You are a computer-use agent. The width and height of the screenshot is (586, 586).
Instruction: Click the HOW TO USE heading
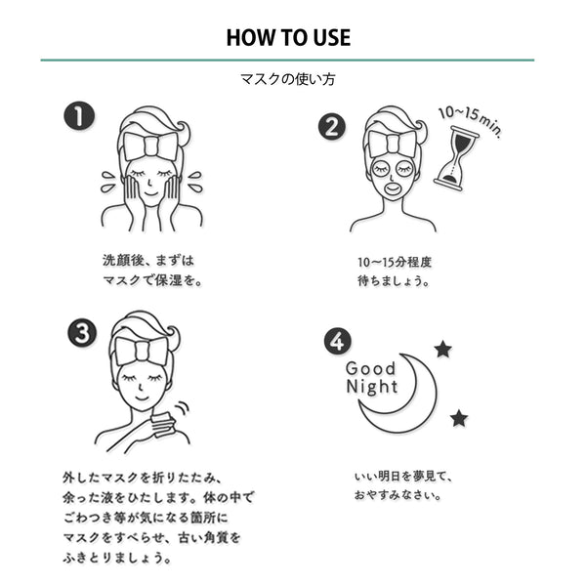[x=288, y=38]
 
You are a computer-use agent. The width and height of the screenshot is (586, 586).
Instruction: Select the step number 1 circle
[x=79, y=117]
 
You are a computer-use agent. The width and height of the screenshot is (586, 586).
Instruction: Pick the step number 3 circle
[x=81, y=332]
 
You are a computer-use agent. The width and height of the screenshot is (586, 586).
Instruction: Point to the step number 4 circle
[x=337, y=342]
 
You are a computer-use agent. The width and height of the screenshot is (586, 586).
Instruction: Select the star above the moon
[x=442, y=349]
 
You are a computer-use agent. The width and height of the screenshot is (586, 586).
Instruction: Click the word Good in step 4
[x=372, y=368]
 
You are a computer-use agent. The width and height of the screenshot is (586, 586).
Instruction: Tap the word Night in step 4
[x=372, y=387]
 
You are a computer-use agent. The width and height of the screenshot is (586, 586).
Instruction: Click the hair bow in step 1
[x=152, y=147]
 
